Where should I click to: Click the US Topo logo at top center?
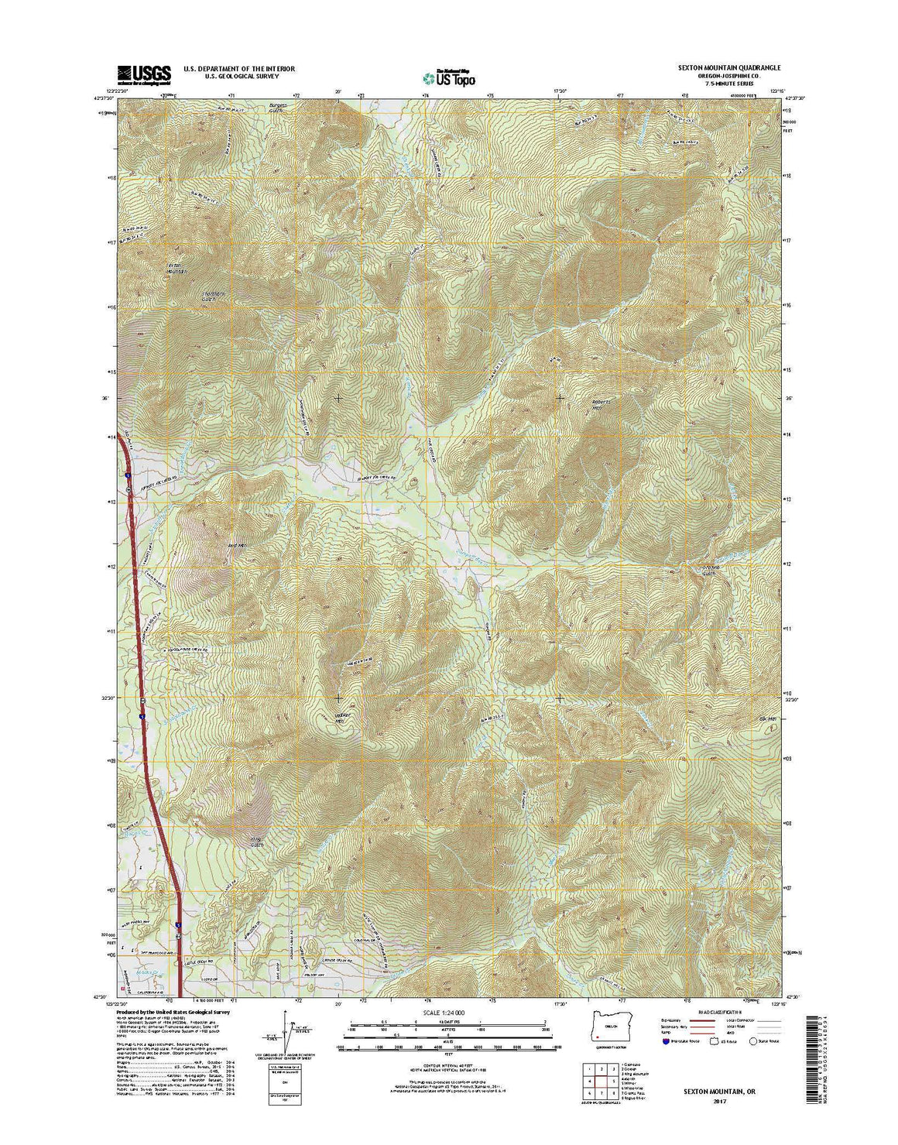point(449,77)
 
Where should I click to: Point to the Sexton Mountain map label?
point(177,268)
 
